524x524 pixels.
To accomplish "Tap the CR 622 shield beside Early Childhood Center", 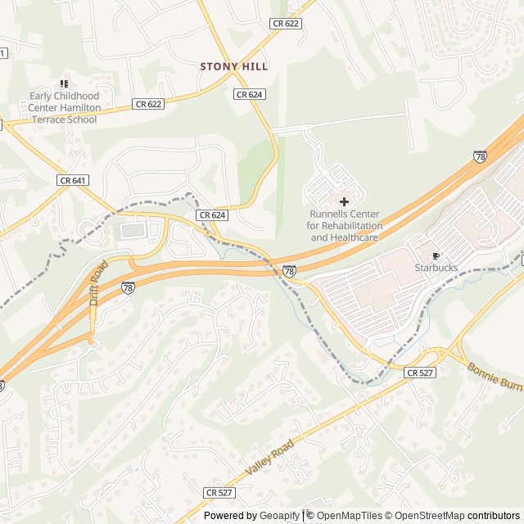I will click(149, 104).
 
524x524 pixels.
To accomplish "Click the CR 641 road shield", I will click(73, 179).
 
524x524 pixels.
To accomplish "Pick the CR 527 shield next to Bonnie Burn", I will click(420, 373).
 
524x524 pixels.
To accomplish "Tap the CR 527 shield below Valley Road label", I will click(219, 492).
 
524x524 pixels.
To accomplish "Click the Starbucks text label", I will click(436, 268).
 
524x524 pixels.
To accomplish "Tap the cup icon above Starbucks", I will click(436, 255).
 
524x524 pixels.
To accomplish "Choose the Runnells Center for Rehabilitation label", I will click(344, 225).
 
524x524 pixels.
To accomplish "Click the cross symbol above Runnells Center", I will click(343, 201).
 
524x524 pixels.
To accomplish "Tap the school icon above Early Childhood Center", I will click(64, 84).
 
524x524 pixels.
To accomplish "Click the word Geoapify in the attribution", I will click(280, 516).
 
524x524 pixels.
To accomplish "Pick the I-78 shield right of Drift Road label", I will click(128, 287).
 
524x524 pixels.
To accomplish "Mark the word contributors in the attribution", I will click(494, 516).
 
